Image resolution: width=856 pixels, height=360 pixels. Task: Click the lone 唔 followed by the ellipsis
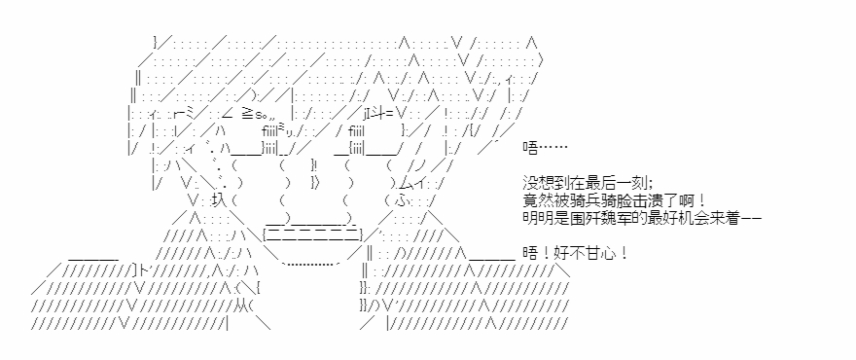530,147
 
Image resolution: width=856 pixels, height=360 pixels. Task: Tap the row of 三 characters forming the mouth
313,236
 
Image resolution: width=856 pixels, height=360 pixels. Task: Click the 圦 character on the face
218,200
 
